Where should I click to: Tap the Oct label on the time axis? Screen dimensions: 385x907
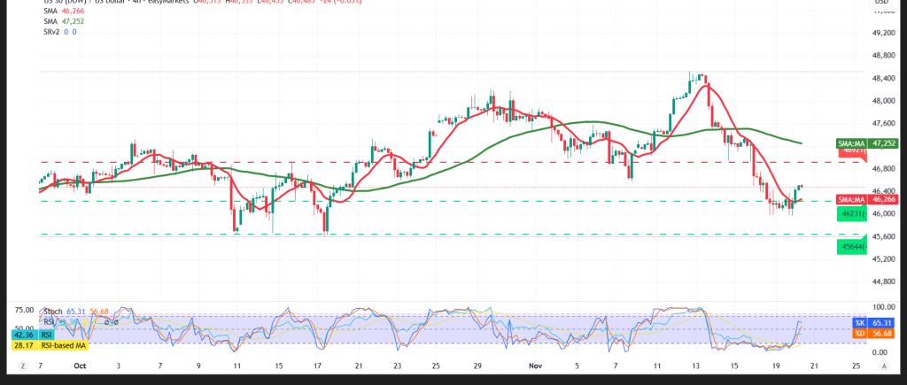tap(81, 365)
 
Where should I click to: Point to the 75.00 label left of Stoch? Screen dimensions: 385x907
tap(23, 311)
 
